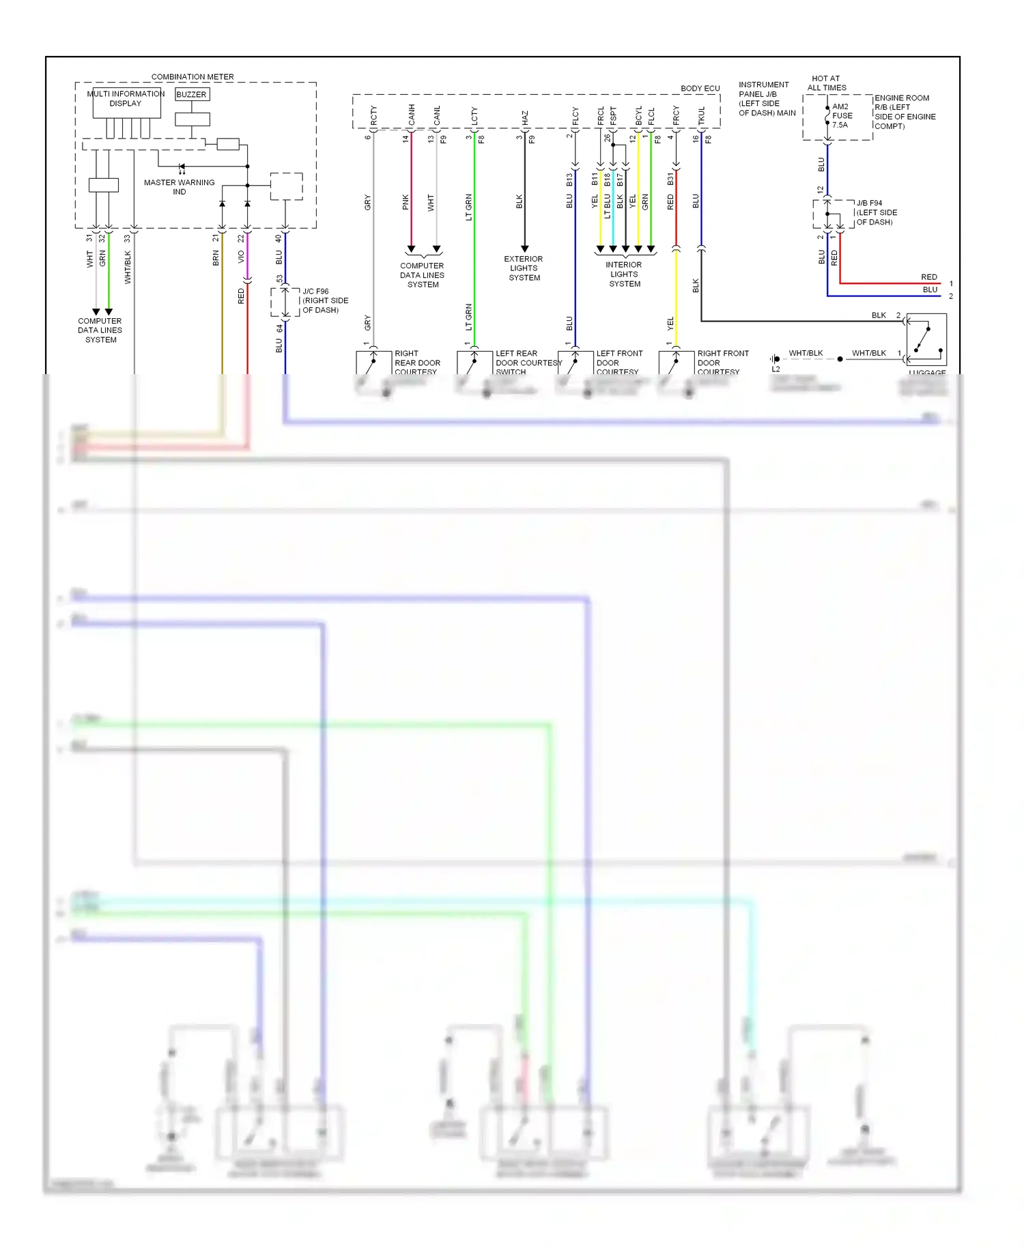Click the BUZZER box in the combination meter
(192, 94)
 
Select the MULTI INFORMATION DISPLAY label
(126, 98)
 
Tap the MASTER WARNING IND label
(179, 187)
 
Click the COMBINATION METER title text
(193, 77)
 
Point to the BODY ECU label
(700, 89)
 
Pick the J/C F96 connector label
(325, 300)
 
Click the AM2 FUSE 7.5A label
(842, 116)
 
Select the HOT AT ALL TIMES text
(826, 83)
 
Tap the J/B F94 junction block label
(877, 212)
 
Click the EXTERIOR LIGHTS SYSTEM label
(524, 268)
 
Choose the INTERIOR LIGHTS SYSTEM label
(624, 274)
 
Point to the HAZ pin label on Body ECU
(525, 118)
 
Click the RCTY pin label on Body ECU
(373, 115)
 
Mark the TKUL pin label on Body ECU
(701, 115)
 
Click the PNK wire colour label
(406, 202)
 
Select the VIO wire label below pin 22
(241, 257)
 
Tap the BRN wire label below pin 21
(216, 258)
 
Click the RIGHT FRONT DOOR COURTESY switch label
(722, 363)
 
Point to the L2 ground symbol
(776, 360)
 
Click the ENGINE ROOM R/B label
(905, 112)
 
